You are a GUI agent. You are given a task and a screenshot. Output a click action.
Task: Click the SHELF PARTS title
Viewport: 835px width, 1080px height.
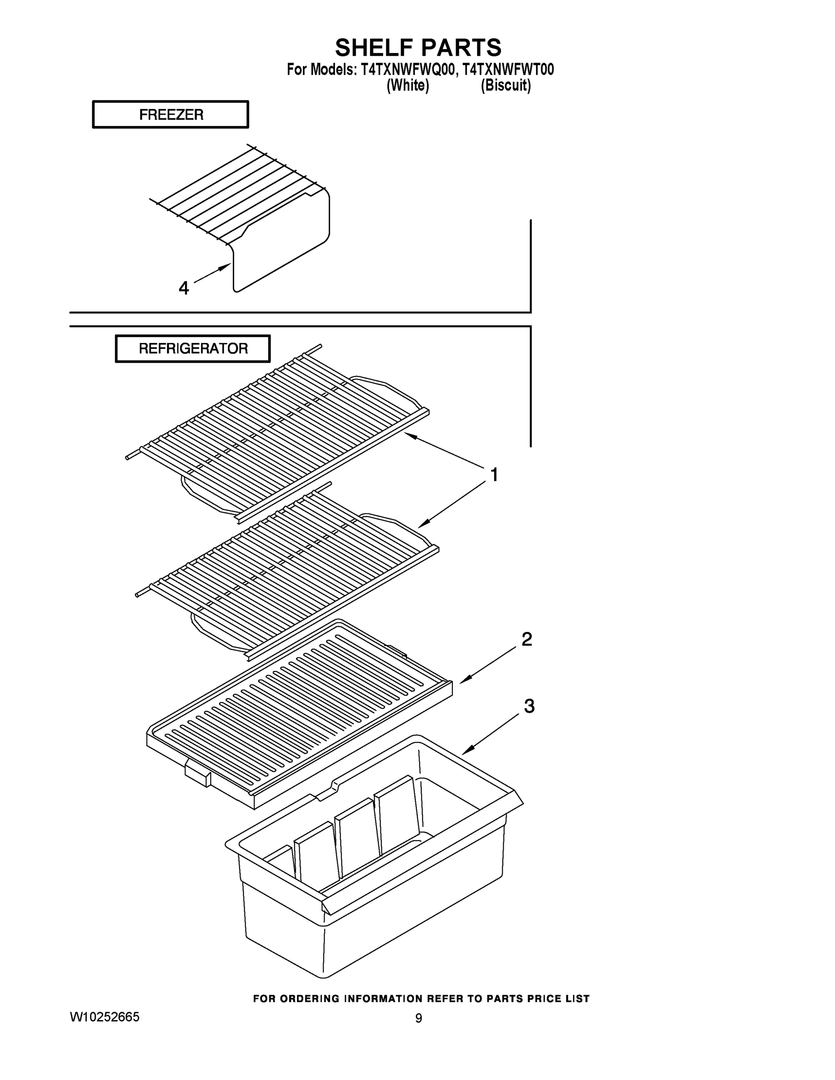(418, 48)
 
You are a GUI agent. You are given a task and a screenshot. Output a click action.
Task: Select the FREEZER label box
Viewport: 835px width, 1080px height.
(171, 115)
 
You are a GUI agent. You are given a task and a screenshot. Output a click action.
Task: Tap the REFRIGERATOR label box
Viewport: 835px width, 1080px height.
(193, 349)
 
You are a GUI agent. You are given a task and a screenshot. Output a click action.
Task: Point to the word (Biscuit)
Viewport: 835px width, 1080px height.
(506, 85)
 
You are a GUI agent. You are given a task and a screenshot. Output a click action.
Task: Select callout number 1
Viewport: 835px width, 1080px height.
(494, 475)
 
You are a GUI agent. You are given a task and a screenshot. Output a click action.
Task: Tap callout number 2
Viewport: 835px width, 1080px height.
(527, 639)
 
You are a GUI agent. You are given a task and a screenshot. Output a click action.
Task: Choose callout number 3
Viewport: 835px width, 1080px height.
(529, 706)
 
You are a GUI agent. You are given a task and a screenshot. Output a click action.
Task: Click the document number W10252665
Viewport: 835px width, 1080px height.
(104, 1017)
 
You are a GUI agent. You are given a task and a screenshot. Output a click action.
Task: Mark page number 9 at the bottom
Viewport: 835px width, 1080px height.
(419, 1019)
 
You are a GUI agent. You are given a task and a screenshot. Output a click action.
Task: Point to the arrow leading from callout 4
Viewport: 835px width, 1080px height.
(213, 274)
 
